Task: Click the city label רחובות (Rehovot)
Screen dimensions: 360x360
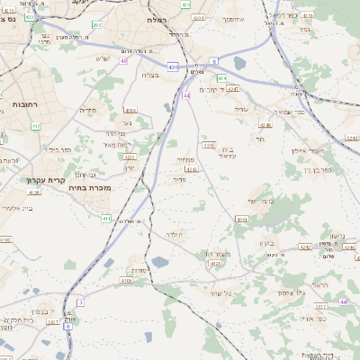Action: [x=19, y=105]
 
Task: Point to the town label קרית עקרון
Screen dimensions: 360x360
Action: [x=35, y=180]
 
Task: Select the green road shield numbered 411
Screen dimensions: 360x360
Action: [x=106, y=219]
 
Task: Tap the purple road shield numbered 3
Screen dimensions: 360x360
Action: [x=80, y=302]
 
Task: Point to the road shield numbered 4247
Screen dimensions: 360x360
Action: [x=233, y=89]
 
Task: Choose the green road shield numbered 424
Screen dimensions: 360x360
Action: [x=222, y=78]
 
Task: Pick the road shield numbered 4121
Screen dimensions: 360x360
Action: [x=214, y=265]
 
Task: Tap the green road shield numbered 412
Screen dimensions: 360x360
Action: [x=36, y=126]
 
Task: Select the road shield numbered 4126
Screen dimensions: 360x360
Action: [x=35, y=192]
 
